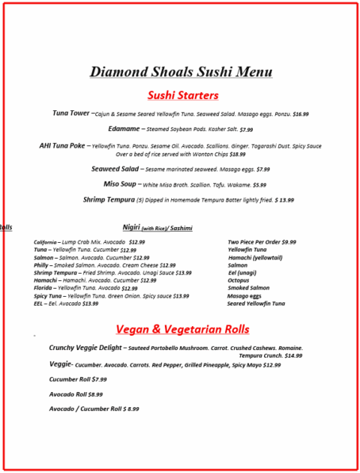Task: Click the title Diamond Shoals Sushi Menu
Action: click(x=181, y=73)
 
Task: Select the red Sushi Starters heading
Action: click(x=182, y=95)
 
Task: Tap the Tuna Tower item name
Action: click(x=72, y=113)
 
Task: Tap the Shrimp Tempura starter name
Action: click(x=108, y=200)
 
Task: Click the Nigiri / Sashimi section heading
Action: click(x=157, y=227)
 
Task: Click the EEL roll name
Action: click(x=39, y=304)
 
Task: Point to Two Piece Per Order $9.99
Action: click(x=262, y=242)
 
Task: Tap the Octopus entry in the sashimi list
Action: click(x=238, y=280)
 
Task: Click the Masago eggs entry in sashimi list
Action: click(x=244, y=296)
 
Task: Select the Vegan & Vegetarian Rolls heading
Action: click(x=182, y=330)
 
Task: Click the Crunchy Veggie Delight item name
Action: click(x=85, y=348)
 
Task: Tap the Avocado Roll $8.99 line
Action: click(x=76, y=394)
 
